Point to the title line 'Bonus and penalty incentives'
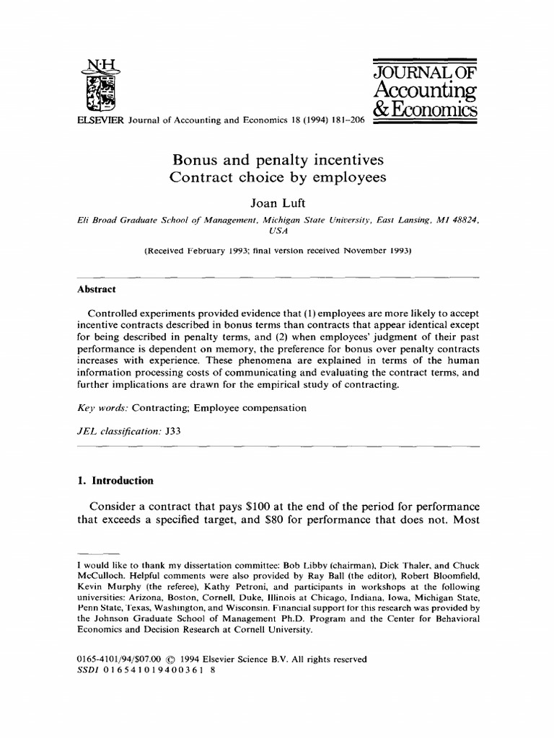pyautogui.click(x=276, y=159)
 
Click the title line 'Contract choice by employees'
pyautogui.click(x=276, y=177)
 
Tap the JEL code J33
pyautogui.click(x=174, y=430)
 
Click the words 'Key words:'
pyautogui.click(x=100, y=408)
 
